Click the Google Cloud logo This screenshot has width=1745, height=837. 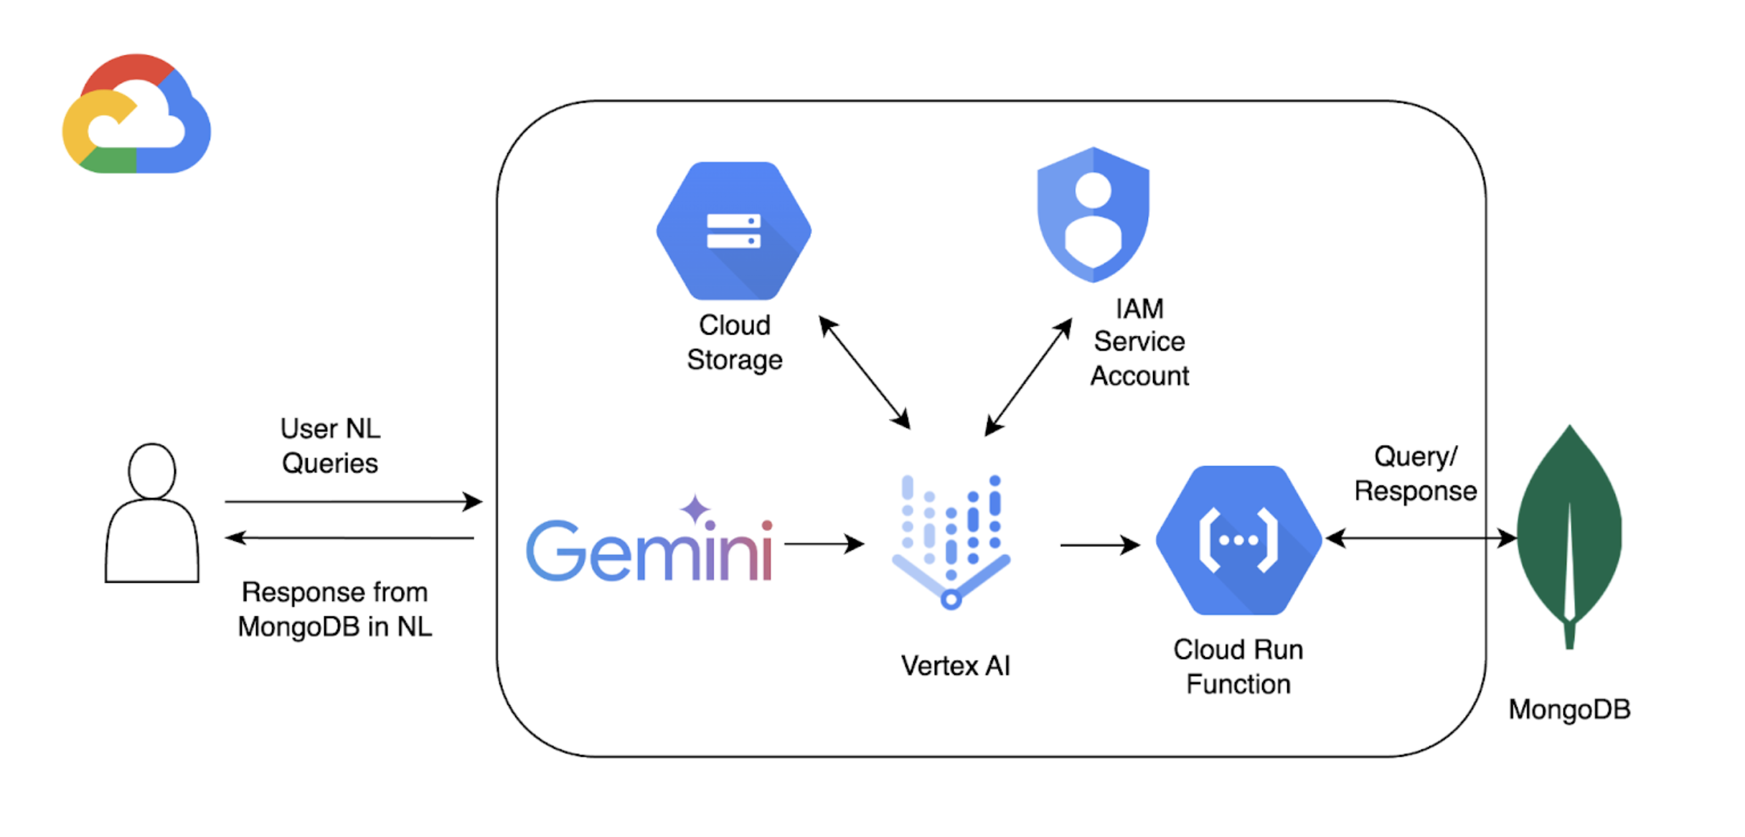pyautogui.click(x=136, y=115)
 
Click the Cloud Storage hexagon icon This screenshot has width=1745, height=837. pyautogui.click(x=733, y=231)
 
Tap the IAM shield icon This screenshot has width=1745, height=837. pyautogui.click(x=1093, y=215)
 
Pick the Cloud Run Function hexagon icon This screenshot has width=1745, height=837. pyautogui.click(x=1238, y=540)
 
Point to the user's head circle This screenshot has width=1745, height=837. pyautogui.click(x=151, y=471)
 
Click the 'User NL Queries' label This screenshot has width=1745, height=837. pyautogui.click(x=330, y=446)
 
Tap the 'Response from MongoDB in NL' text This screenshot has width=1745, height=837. pyautogui.click(x=334, y=609)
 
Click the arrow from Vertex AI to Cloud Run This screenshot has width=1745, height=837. pyautogui.click(x=1099, y=546)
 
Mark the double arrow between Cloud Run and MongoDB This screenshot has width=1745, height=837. pyautogui.click(x=1421, y=538)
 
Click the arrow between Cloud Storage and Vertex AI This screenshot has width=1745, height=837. pyautogui.click(x=865, y=372)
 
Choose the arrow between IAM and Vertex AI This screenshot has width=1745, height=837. pyautogui.click(x=1028, y=378)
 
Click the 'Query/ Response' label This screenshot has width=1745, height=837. pyautogui.click(x=1415, y=474)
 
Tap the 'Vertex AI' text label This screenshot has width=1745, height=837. pyautogui.click(x=955, y=666)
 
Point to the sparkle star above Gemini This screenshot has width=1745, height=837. pyautogui.click(x=695, y=509)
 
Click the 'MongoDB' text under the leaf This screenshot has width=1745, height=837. pyautogui.click(x=1569, y=710)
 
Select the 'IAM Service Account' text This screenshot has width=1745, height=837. pyautogui.click(x=1139, y=342)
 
